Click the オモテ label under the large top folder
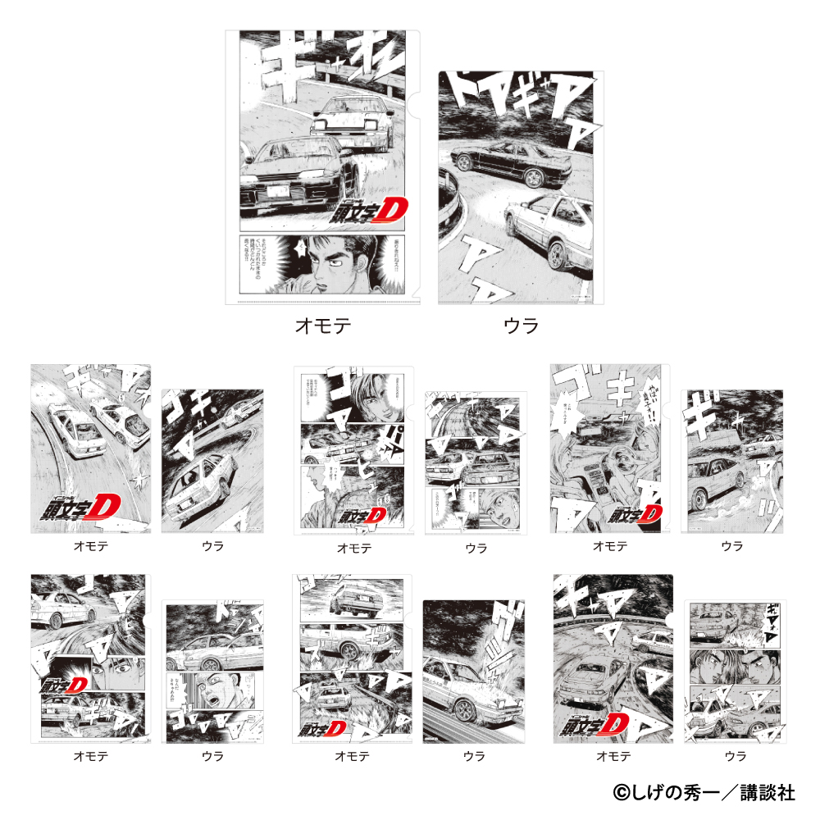pyautogui.click(x=323, y=326)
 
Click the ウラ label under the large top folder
pyautogui.click(x=521, y=326)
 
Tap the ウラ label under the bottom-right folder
pyautogui.click(x=735, y=756)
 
